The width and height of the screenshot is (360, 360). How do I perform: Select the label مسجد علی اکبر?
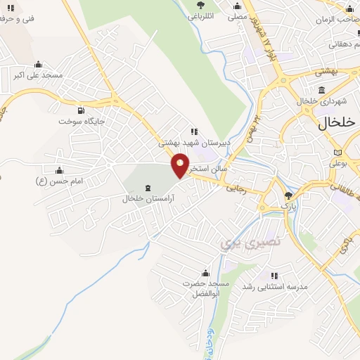(x=38, y=75)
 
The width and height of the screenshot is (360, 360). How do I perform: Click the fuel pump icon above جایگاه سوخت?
(x=82, y=110)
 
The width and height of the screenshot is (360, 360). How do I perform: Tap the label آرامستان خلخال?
(x=148, y=198)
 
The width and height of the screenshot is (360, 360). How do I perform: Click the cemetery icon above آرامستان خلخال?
(x=148, y=187)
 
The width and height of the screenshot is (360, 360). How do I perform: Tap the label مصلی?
(x=237, y=15)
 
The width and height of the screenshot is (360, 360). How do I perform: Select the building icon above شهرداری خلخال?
(x=322, y=90)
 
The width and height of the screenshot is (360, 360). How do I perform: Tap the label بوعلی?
(x=339, y=165)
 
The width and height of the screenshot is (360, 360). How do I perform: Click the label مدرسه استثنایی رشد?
(x=276, y=286)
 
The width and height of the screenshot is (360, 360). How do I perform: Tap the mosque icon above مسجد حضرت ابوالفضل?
(x=206, y=273)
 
